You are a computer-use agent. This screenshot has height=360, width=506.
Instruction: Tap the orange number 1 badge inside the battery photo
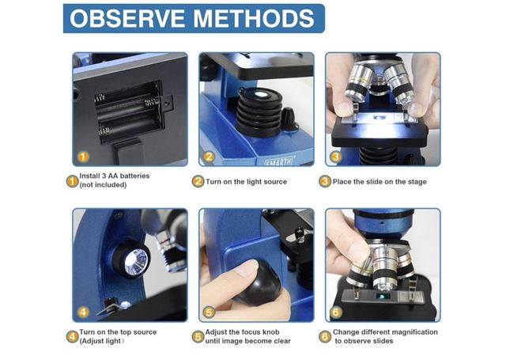coord(84,157)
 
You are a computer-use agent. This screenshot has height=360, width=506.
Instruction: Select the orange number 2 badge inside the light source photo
coord(210,157)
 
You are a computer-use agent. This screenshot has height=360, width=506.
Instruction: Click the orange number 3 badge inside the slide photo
coord(337,157)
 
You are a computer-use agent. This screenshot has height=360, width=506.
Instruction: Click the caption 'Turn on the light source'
coord(246,181)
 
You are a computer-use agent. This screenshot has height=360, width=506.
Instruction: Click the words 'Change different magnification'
coord(385,332)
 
